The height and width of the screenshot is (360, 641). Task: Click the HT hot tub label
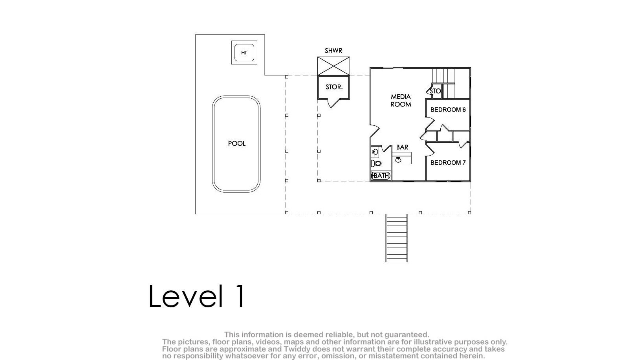(244, 53)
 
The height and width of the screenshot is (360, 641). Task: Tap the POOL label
(237, 143)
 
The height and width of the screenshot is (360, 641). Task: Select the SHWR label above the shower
(333, 51)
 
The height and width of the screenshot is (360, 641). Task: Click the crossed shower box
(334, 66)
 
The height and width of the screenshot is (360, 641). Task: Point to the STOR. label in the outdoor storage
(334, 87)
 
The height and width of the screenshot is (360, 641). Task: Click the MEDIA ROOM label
(401, 101)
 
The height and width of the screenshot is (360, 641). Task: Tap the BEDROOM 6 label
(448, 110)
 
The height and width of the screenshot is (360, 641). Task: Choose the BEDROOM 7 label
(448, 163)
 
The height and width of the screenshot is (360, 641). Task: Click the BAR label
(402, 147)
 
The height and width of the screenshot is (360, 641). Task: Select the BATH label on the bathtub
(381, 176)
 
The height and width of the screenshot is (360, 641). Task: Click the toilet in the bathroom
(376, 163)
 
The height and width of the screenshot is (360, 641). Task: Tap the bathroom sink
(375, 152)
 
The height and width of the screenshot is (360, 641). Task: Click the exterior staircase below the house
(397, 238)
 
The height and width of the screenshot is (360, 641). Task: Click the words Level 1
(196, 296)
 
